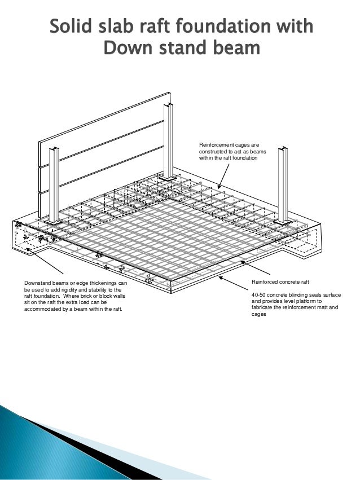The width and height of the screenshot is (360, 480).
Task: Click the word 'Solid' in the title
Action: (71, 26)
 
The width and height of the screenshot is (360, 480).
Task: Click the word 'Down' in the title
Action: (126, 48)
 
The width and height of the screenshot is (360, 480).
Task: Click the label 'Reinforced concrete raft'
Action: (280, 282)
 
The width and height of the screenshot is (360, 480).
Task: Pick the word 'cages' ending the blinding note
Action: (258, 314)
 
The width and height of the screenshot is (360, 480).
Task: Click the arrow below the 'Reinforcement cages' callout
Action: (223, 176)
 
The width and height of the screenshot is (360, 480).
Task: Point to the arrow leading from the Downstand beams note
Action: (45, 261)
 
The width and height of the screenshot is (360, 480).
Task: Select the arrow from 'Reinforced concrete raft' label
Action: (255, 268)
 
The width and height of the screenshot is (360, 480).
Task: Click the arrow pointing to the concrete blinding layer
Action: (233, 283)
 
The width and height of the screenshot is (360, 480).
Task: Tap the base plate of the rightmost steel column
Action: (283, 222)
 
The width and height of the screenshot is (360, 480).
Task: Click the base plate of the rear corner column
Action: (168, 178)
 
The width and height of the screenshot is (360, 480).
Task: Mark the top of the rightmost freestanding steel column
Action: (283, 149)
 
